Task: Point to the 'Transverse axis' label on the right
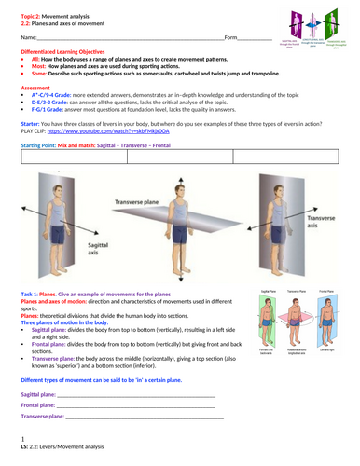pyautogui.click(x=319, y=219)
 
